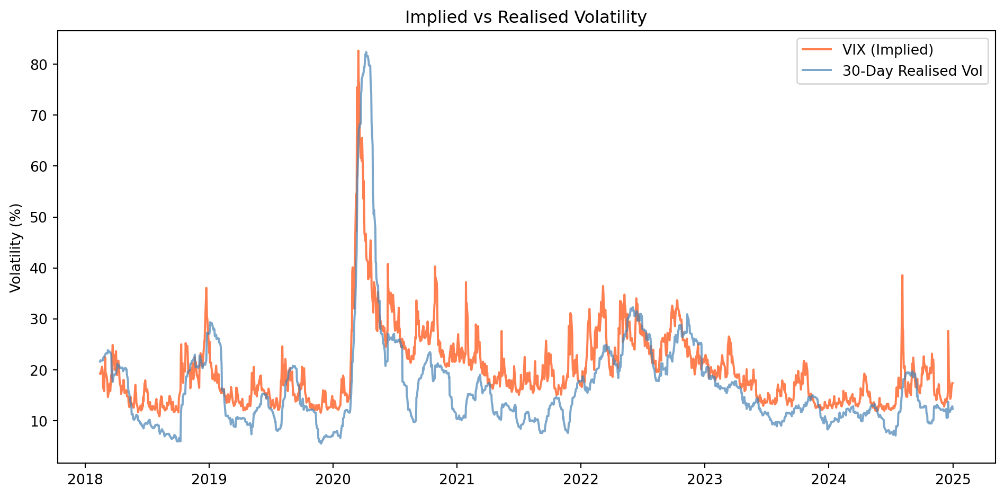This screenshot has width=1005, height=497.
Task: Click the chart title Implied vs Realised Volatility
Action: (525, 17)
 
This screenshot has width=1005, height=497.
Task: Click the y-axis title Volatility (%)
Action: (16, 247)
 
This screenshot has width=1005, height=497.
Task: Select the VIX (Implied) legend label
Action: (887, 50)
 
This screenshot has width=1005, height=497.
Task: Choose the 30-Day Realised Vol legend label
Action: (912, 71)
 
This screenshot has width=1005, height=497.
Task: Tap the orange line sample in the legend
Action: (816, 50)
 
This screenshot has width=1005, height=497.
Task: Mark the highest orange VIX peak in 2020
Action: (358, 51)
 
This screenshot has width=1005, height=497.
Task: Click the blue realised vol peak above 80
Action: (366, 52)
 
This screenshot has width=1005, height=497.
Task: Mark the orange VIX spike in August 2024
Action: (902, 276)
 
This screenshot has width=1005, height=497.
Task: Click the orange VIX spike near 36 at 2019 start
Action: (206, 288)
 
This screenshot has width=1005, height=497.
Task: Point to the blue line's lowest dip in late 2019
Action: (321, 442)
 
